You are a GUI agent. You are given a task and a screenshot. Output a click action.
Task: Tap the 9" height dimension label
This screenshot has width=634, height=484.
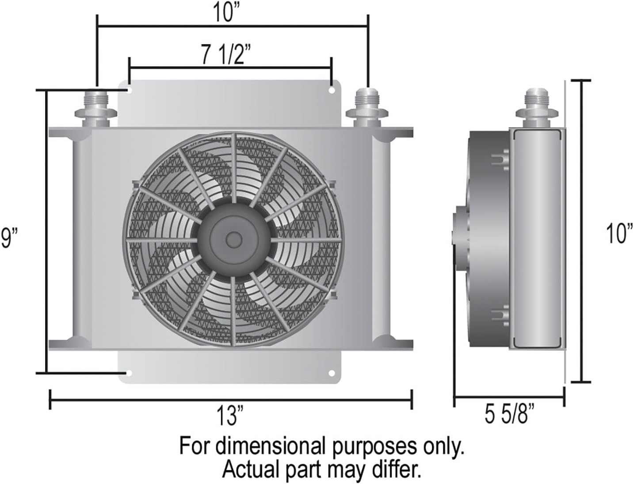(9, 238)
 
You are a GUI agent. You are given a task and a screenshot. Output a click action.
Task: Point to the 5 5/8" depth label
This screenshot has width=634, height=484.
(509, 415)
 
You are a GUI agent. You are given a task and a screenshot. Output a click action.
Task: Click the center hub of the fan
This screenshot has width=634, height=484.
(232, 239)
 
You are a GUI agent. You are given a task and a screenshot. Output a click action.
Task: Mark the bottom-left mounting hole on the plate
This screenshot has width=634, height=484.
(129, 374)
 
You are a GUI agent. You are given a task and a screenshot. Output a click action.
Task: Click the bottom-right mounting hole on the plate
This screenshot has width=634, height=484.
(332, 374)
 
